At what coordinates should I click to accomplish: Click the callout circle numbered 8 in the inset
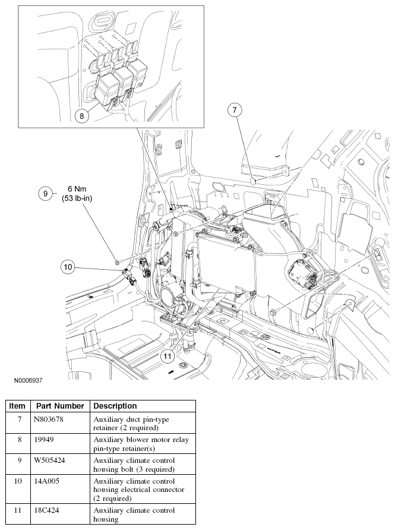click(83, 115)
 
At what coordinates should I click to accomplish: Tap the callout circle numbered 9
click(45, 193)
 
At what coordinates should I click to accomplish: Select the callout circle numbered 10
click(68, 267)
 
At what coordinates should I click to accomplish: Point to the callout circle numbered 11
click(168, 356)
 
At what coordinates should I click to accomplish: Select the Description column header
click(115, 406)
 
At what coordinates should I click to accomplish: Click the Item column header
click(18, 406)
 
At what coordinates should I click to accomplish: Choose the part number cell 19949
click(45, 439)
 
